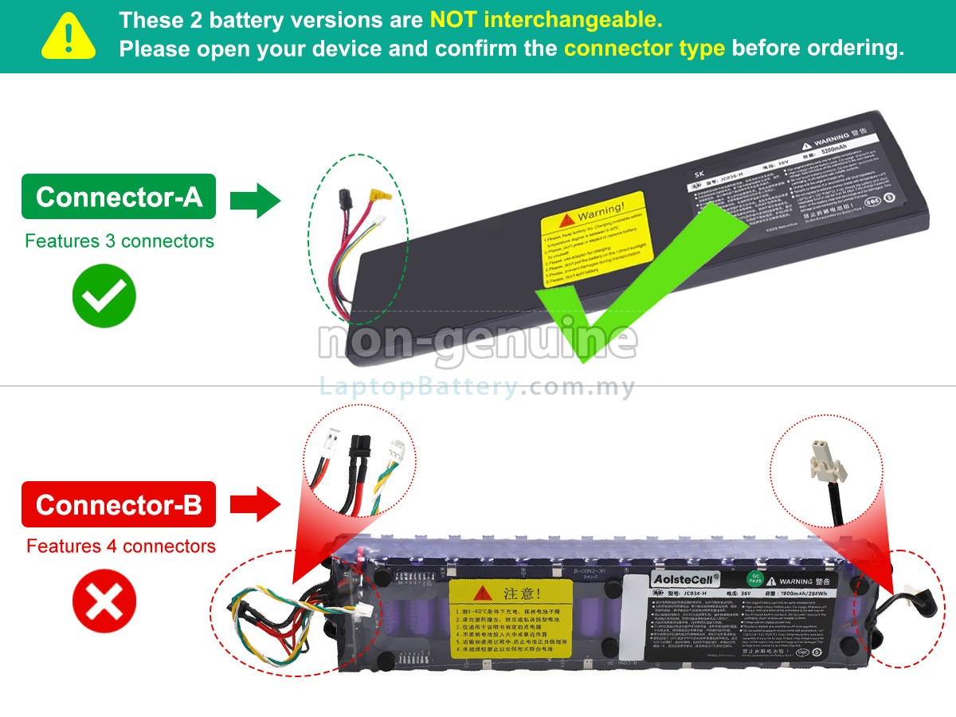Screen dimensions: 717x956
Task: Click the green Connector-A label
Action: tap(119, 197)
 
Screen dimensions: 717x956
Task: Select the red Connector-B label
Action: tap(119, 504)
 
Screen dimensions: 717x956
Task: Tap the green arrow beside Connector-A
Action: tap(255, 199)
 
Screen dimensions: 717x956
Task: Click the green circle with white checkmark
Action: tap(104, 296)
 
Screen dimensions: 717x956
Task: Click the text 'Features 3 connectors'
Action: tap(119, 241)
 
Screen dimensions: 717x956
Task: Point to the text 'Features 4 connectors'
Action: tap(121, 547)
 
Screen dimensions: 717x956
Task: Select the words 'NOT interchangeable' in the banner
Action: tap(546, 19)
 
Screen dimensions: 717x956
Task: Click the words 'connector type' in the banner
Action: tap(644, 48)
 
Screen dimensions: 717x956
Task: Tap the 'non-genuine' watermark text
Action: tap(478, 341)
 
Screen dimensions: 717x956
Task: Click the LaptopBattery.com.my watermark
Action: tap(478, 388)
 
